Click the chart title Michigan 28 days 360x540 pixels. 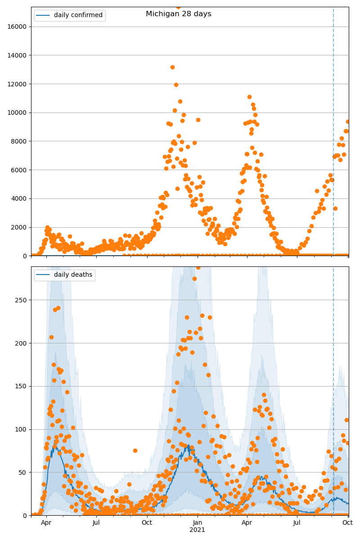[x=178, y=14]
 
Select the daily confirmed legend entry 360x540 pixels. [x=78, y=15]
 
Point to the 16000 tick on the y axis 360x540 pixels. [x=17, y=27]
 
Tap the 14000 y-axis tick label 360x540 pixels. [x=17, y=55]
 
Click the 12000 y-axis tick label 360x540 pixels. [x=17, y=84]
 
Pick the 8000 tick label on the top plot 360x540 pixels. [x=18, y=141]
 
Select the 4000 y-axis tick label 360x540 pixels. [x=18, y=198]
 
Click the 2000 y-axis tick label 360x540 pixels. [x=18, y=227]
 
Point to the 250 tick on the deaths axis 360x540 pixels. [x=22, y=300]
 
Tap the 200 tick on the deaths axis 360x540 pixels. [x=22, y=343]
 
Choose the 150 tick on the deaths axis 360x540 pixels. [x=22, y=386]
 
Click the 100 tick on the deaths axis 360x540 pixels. [x=22, y=429]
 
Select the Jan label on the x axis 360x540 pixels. [x=197, y=523]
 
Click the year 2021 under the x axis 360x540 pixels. [x=197, y=530]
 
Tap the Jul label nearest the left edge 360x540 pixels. [x=96, y=523]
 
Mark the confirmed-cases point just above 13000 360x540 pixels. [x=172, y=67]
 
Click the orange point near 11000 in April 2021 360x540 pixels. [x=249, y=97]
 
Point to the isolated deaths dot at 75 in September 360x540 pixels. [x=135, y=450]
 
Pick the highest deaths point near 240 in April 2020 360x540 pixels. [x=58, y=308]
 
